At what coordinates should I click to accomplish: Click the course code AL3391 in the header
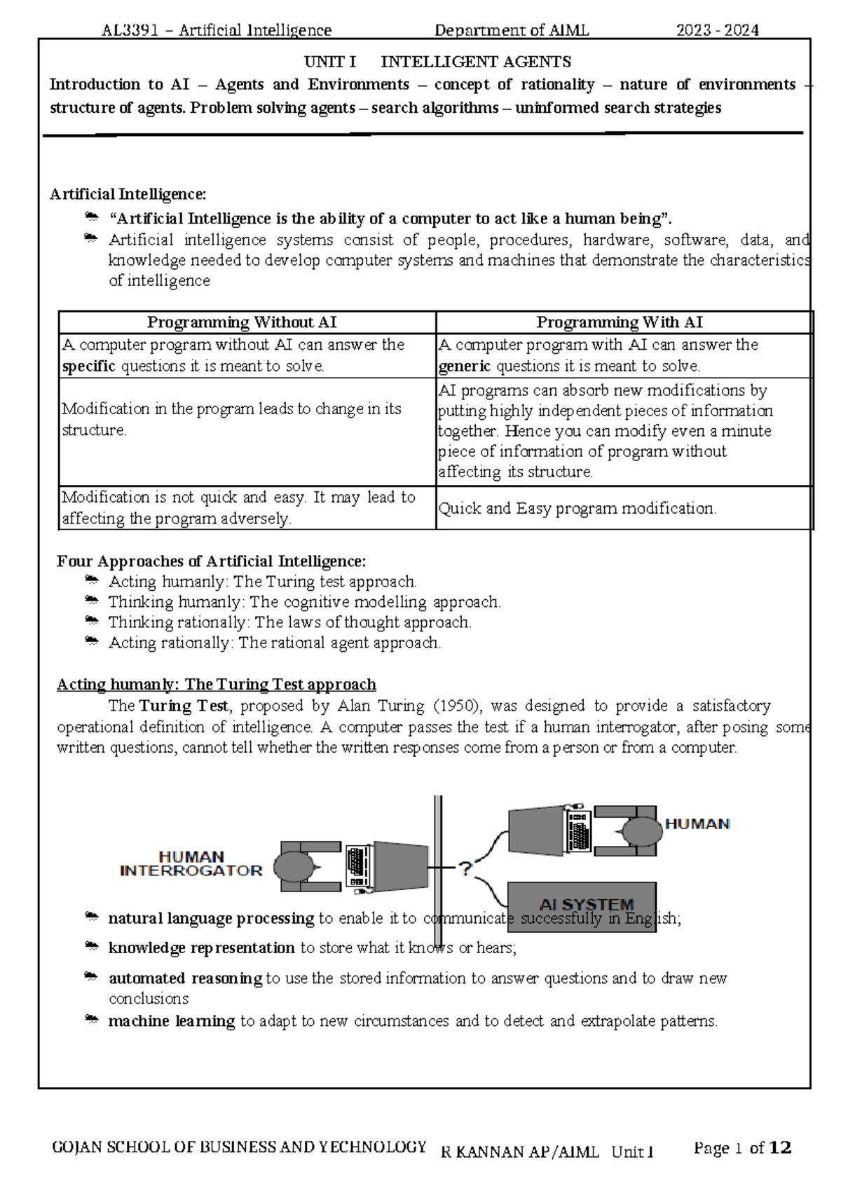click(130, 30)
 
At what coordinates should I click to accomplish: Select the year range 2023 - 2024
click(717, 30)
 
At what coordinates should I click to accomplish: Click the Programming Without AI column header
click(242, 322)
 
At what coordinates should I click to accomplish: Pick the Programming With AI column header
click(620, 322)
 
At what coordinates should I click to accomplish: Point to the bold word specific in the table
click(88, 367)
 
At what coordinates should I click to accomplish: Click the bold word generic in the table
click(464, 367)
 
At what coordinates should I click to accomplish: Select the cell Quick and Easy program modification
click(577, 509)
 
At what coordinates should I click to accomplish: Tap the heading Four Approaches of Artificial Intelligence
click(211, 561)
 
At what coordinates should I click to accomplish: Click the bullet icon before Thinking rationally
click(91, 621)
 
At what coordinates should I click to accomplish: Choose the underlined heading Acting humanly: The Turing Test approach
click(216, 685)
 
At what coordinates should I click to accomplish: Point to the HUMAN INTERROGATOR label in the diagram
click(191, 864)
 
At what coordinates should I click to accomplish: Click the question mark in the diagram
click(465, 869)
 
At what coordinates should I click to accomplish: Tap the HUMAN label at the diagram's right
click(697, 824)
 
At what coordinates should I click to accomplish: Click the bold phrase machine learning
click(171, 1021)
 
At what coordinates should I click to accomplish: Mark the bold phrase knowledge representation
click(201, 948)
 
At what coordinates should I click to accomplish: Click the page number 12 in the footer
click(780, 1148)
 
